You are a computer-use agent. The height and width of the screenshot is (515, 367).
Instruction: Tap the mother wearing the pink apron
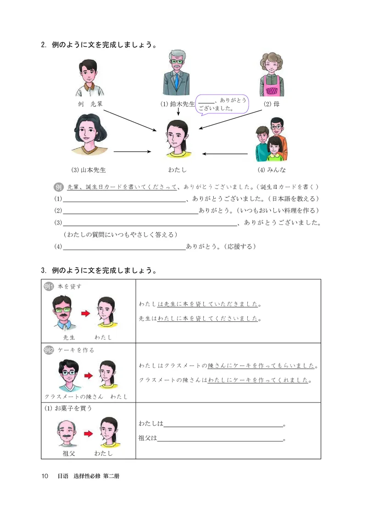pyautogui.click(x=272, y=73)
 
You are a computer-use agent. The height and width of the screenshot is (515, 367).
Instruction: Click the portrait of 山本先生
pyautogui.click(x=89, y=135)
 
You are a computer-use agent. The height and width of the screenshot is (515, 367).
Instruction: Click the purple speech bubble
pyautogui.click(x=222, y=104)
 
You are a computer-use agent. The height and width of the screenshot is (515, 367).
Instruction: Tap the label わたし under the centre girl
pyautogui.click(x=178, y=170)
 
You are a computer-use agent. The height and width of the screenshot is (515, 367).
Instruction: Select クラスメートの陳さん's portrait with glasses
pyautogui.click(x=68, y=374)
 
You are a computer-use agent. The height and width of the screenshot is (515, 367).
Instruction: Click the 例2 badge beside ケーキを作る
pyautogui.click(x=49, y=350)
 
